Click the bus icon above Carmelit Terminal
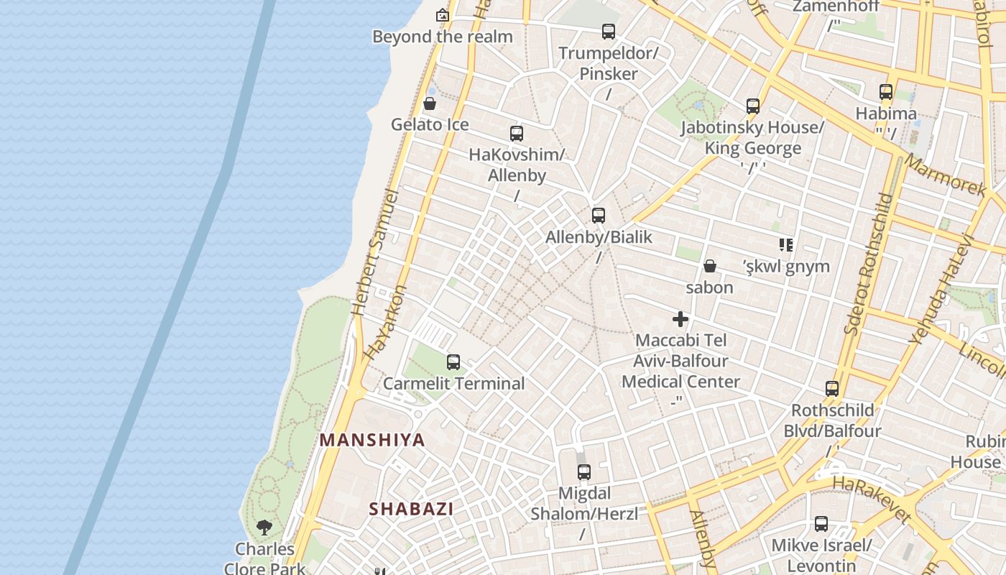coord(453,362)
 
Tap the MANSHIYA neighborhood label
coord(372,440)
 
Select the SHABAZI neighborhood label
coord(411,509)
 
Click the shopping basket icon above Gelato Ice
coord(430,103)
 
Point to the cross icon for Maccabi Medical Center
coord(680,319)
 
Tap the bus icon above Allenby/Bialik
coord(599,215)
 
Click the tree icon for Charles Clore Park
coord(264,528)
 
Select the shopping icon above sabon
coord(710,266)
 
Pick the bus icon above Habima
coord(886,92)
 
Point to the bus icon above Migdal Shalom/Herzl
coord(584,472)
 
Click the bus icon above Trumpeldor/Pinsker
coord(609,32)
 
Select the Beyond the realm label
coord(443,37)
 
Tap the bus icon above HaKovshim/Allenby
coord(517,133)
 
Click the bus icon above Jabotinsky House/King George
coord(753,106)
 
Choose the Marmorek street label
coord(945,175)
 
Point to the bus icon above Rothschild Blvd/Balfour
coord(832,389)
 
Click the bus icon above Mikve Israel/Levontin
coord(821,524)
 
